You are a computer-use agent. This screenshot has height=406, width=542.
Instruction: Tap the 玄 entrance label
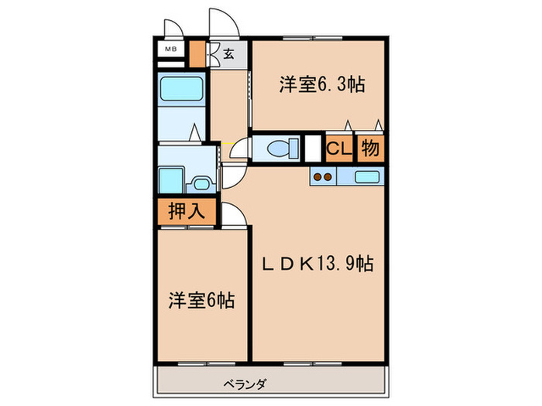[230, 53]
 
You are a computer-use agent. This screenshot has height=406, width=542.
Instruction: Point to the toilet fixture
[276, 147]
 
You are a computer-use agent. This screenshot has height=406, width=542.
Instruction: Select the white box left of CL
[313, 147]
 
